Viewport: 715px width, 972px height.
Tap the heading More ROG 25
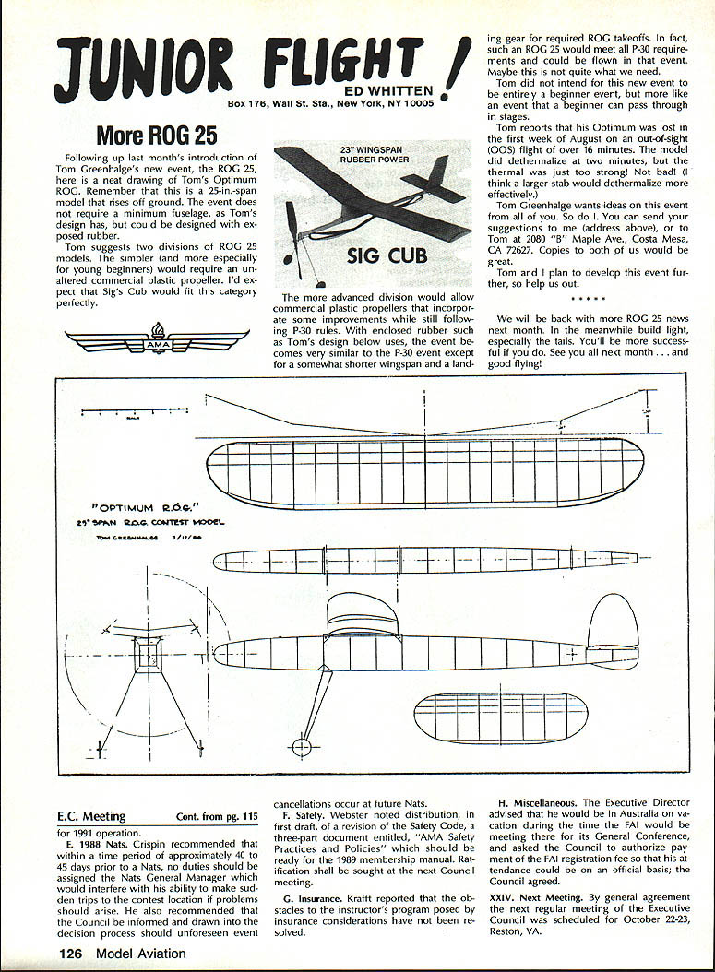click(157, 136)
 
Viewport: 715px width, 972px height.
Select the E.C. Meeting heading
click(91, 816)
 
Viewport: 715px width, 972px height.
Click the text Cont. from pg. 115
click(217, 817)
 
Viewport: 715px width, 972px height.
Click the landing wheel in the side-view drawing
click(300, 746)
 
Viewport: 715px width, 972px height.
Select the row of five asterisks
click(588, 300)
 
